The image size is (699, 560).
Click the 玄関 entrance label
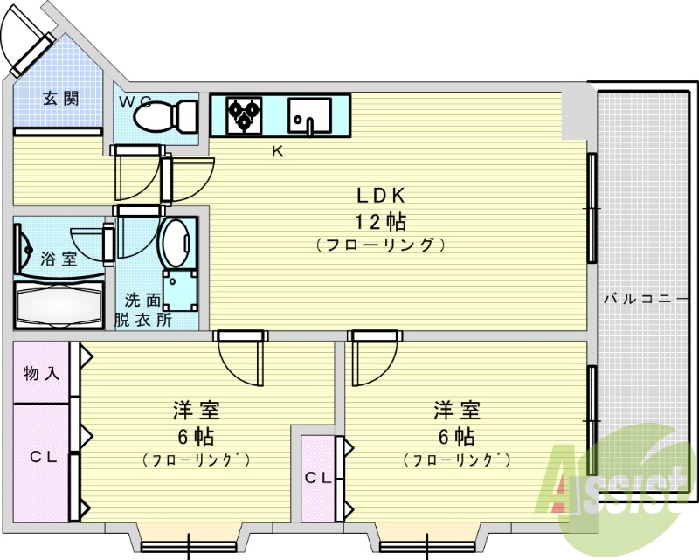point(61,98)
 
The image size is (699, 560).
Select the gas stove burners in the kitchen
point(244,114)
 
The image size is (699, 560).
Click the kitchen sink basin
point(310,114)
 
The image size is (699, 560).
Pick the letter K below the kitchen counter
point(277,151)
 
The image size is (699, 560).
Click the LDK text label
point(381,194)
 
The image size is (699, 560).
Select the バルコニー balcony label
point(646,299)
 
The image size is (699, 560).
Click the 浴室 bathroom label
point(59,259)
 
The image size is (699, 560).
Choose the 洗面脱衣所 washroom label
point(142,309)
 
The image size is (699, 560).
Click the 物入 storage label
point(41,373)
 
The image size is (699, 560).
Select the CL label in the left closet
point(41,456)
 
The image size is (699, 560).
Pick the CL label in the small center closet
point(318,478)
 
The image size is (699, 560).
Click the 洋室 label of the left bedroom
point(196,410)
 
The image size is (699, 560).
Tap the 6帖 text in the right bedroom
point(457,436)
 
